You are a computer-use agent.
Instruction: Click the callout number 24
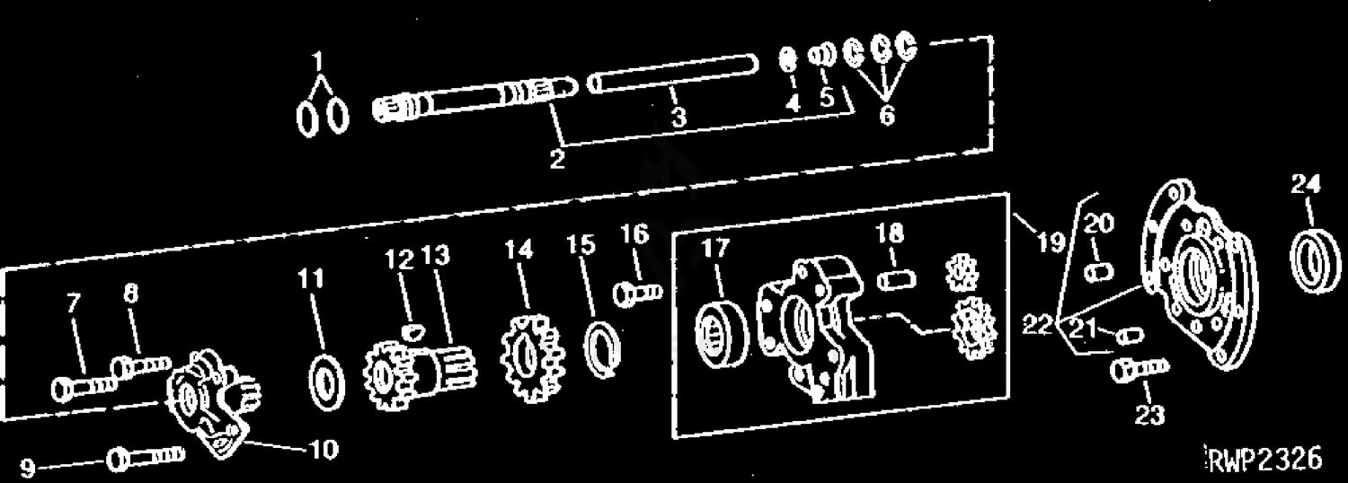pos(1305,183)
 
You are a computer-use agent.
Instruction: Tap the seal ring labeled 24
pos(1316,260)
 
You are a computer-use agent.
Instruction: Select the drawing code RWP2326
pos(1265,460)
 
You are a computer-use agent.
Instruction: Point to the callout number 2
pos(557,159)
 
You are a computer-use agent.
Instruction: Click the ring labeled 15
pos(602,350)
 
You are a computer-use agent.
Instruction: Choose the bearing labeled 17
pos(721,333)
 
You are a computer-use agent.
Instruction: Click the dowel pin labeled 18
pos(897,280)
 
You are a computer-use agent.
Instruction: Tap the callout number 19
pos(1051,241)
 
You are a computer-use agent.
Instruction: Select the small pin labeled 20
pos(1099,272)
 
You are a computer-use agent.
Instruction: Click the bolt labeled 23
pos(1140,369)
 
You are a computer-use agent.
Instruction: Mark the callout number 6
pos(887,115)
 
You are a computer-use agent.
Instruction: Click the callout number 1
pos(318,61)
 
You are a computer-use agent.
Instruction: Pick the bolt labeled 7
pos(83,387)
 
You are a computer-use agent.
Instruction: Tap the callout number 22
pos(1037,325)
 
